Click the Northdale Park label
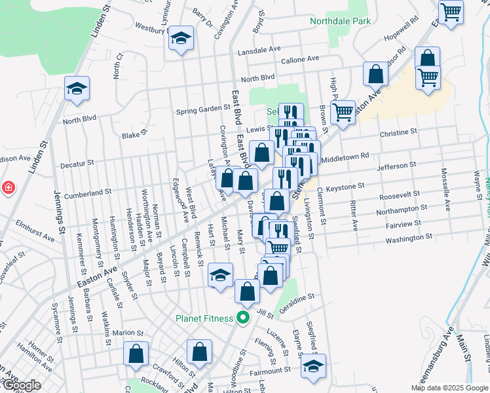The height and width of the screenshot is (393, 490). pos(340,21)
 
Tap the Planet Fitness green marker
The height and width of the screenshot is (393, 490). pos(243,319)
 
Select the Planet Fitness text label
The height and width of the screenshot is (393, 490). pos(204,319)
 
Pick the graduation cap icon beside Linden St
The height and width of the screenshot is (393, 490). pos(77,88)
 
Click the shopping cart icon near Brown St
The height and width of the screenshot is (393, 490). pos(343,113)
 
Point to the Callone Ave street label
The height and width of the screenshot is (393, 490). pos(299,59)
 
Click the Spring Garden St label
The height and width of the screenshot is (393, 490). pos(204,110)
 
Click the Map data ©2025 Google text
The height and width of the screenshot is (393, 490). pos(449,387)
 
